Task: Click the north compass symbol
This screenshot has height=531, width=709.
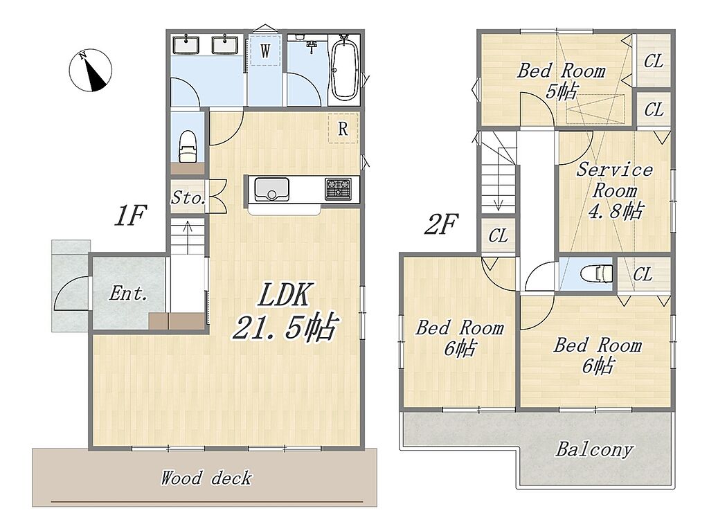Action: [91, 71]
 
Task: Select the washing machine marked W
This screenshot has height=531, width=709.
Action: [265, 51]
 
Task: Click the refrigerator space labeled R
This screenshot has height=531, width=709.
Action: [343, 129]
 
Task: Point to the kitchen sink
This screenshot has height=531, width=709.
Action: [271, 190]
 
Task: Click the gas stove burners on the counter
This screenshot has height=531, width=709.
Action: [338, 189]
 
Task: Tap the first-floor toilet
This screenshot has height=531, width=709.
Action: [188, 146]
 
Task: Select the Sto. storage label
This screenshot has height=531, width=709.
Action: [188, 198]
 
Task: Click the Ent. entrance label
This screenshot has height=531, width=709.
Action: [128, 294]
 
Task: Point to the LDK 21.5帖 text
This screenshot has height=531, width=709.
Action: [285, 311]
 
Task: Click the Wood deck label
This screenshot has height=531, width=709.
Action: [206, 478]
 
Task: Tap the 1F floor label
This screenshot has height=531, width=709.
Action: [130, 215]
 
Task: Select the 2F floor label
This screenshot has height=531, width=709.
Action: [440, 224]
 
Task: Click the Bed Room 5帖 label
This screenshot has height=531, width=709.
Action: [561, 81]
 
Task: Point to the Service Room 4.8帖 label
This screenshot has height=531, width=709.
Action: [615, 190]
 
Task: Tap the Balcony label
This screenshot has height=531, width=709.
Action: [594, 449]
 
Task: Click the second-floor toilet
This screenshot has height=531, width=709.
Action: [596, 273]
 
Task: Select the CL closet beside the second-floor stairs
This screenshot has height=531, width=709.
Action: [498, 235]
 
